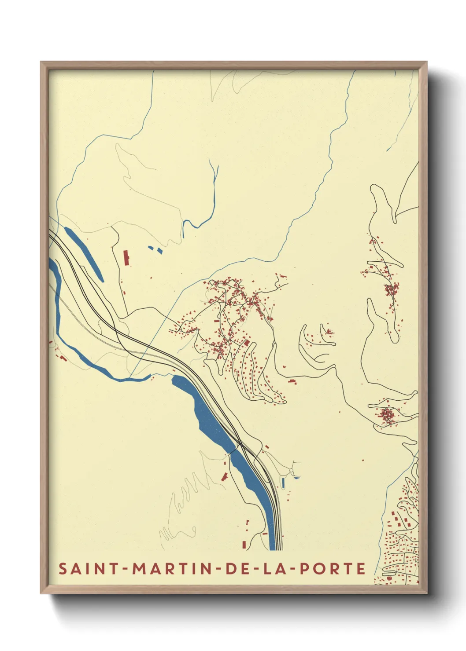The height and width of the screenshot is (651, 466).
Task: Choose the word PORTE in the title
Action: click(333, 569)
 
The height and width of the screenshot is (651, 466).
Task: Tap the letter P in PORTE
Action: click(305, 569)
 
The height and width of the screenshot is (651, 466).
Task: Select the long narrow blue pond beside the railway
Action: click(84, 253)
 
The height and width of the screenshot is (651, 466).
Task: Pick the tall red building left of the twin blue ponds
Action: click(126, 258)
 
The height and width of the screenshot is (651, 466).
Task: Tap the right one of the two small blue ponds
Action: click(159, 251)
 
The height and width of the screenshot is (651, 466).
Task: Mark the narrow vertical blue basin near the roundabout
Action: click(282, 483)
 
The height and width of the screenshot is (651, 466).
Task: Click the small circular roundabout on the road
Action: click(291, 472)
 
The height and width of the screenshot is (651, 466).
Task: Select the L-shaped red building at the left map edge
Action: click(63, 358)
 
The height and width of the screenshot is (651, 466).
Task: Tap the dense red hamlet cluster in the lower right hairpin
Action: click(387, 415)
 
